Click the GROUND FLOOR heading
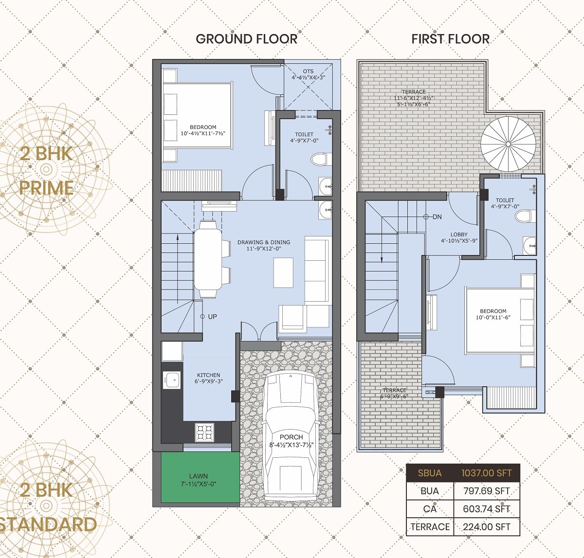pyautogui.click(x=246, y=39)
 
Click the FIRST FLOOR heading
pyautogui.click(x=450, y=39)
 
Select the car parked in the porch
pyautogui.click(x=290, y=433)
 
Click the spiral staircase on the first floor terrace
pyautogui.click(x=508, y=144)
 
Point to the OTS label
pyautogui.click(x=308, y=72)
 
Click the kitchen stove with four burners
pyautogui.click(x=204, y=432)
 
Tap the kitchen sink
pyautogui.click(x=172, y=379)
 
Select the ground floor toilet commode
pyautogui.click(x=319, y=159)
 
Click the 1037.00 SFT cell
pyautogui.click(x=486, y=473)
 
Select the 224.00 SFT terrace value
pyautogui.click(x=486, y=526)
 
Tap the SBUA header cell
pyautogui.click(x=430, y=473)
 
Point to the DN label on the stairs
pyautogui.click(x=437, y=217)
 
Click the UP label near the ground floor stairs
pyautogui.click(x=212, y=317)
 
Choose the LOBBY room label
pyautogui.click(x=459, y=234)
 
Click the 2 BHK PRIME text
pyautogui.click(x=46, y=170)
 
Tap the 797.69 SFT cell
pyautogui.click(x=486, y=491)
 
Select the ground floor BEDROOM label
pyautogui.click(x=202, y=127)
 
